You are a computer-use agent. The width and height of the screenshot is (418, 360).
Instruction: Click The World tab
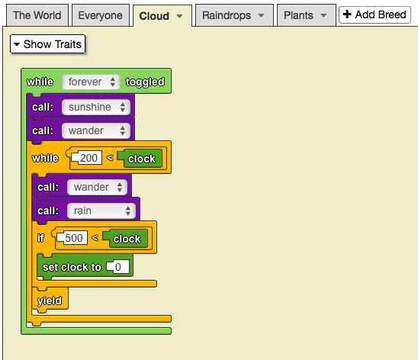tap(37, 15)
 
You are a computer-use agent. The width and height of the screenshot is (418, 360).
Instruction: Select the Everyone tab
tap(101, 15)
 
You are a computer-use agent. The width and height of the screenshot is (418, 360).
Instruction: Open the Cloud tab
tap(162, 16)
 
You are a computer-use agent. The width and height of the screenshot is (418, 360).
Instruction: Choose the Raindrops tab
tap(234, 15)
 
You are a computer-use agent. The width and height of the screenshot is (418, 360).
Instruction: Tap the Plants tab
tap(307, 15)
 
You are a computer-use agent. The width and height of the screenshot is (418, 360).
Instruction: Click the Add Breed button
tap(375, 14)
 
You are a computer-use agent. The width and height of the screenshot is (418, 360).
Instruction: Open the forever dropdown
tap(91, 82)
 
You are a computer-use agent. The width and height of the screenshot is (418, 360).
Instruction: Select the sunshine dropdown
tap(96, 107)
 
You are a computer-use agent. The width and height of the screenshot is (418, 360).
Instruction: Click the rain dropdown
tap(101, 211)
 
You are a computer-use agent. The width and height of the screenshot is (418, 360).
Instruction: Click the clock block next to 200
tap(141, 159)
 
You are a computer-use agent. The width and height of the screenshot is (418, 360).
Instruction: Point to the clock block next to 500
tap(127, 239)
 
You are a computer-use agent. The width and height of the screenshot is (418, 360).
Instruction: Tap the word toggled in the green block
tap(145, 82)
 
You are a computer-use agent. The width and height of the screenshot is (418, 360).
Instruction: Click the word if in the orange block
tap(40, 238)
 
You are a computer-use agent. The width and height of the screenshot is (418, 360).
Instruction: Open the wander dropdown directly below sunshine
tap(96, 131)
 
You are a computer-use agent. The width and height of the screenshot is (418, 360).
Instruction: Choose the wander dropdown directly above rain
tap(98, 187)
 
